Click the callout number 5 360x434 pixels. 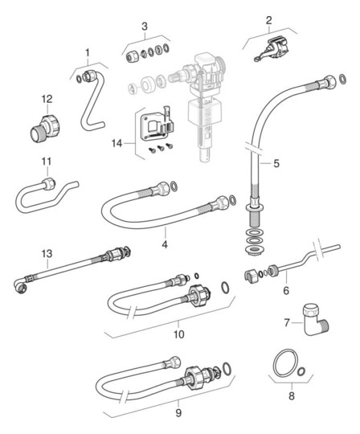pos(276,163)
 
